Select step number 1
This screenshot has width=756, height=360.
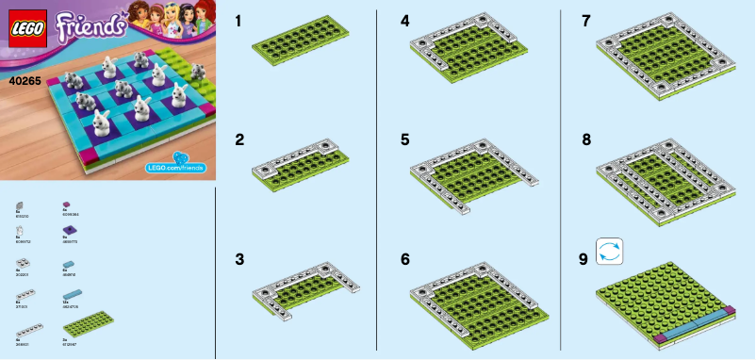[x=239, y=20]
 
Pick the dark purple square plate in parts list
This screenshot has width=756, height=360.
[x=69, y=231]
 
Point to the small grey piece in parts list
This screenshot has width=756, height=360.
[x=20, y=205]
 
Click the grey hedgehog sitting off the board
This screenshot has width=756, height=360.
[x=198, y=70]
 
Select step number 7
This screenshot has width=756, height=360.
[x=586, y=20]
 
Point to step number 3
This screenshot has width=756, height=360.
[x=239, y=257]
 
